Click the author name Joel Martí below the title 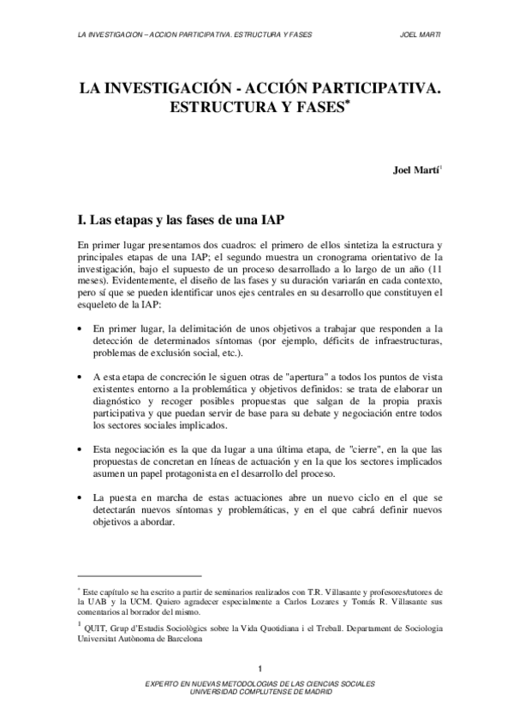click(x=415, y=169)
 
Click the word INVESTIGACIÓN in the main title click(x=162, y=88)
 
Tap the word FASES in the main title click(x=313, y=110)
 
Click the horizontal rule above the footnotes click(x=138, y=576)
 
